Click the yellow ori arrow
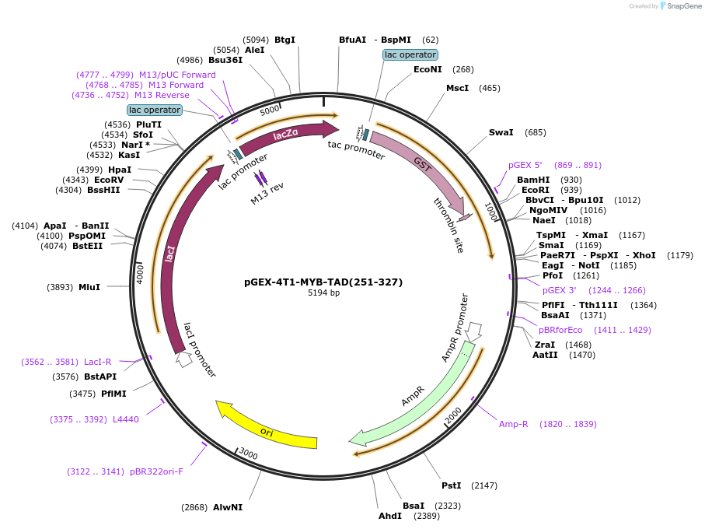click(266, 430)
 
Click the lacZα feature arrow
click(285, 135)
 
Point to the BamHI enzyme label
click(533, 180)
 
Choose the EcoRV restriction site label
click(109, 180)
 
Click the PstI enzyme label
click(452, 485)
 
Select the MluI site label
click(89, 287)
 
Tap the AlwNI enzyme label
click(228, 507)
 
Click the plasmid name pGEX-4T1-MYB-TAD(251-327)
click(323, 282)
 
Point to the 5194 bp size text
click(323, 293)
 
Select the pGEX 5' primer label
click(525, 165)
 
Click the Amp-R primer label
click(514, 424)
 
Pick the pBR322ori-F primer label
click(157, 471)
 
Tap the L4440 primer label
click(126, 419)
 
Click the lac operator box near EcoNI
click(410, 54)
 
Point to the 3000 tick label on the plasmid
click(248, 454)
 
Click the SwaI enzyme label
click(501, 132)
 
